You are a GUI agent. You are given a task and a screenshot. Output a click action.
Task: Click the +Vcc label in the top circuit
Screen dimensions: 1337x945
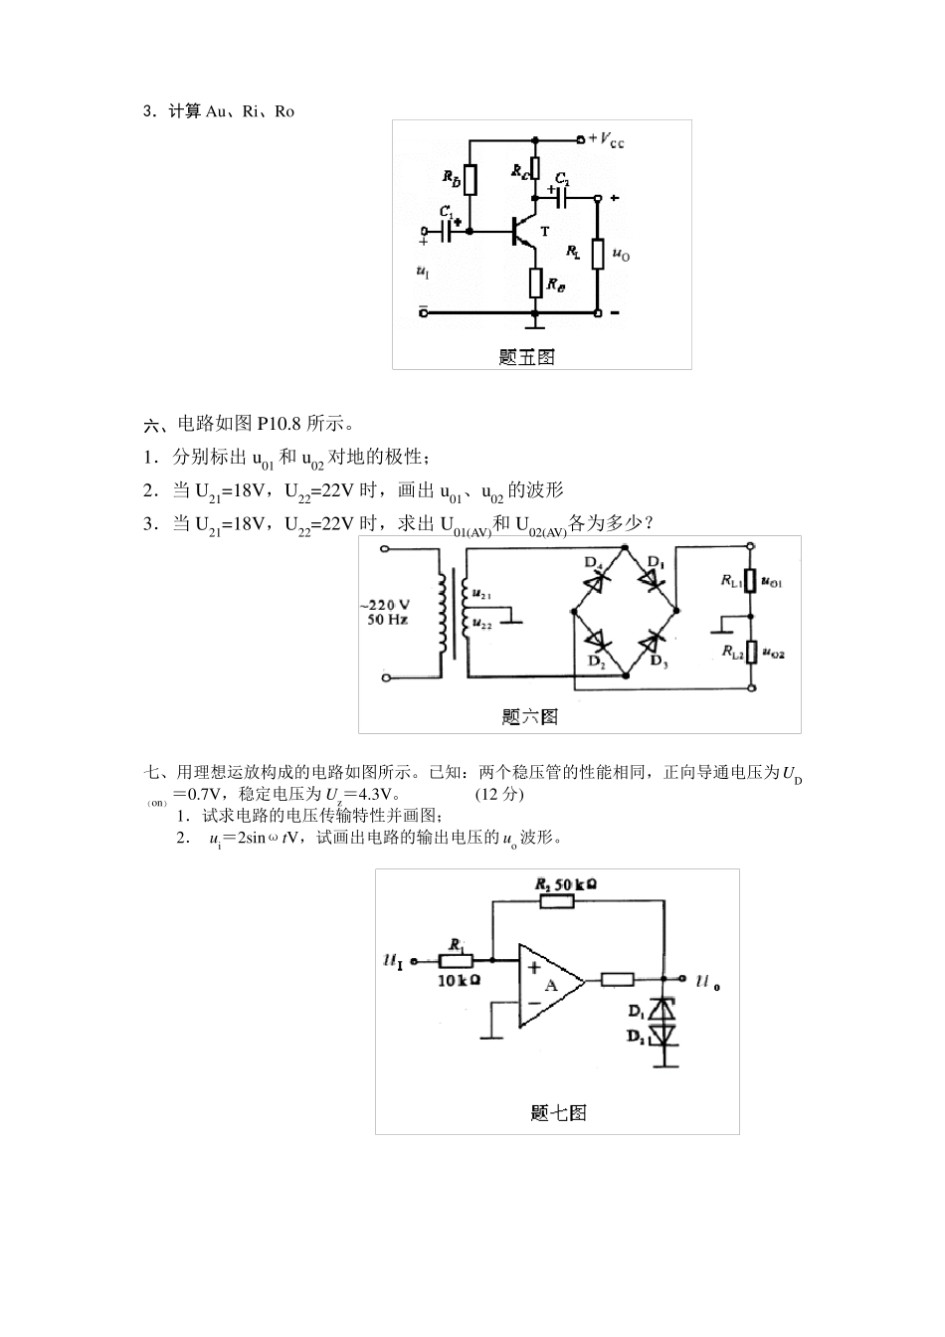[607, 139]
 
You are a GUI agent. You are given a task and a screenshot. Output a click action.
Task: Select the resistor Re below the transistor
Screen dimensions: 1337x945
[535, 283]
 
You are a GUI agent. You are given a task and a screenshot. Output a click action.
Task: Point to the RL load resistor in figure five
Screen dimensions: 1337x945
[598, 254]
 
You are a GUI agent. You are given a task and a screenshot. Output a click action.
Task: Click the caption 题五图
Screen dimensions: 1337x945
[526, 357]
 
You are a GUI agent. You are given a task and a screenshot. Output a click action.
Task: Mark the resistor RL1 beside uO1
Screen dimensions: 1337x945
[752, 581]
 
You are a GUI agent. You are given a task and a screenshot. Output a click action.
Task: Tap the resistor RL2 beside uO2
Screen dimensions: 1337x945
[752, 653]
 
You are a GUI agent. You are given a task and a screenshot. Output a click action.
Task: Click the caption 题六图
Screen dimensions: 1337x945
[529, 715]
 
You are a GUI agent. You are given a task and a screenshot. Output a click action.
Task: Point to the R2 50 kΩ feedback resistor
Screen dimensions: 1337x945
[557, 900]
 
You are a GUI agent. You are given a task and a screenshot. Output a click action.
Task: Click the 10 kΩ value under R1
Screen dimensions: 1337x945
[460, 980]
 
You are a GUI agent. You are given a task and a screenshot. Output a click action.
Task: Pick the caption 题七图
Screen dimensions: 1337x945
[558, 1112]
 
